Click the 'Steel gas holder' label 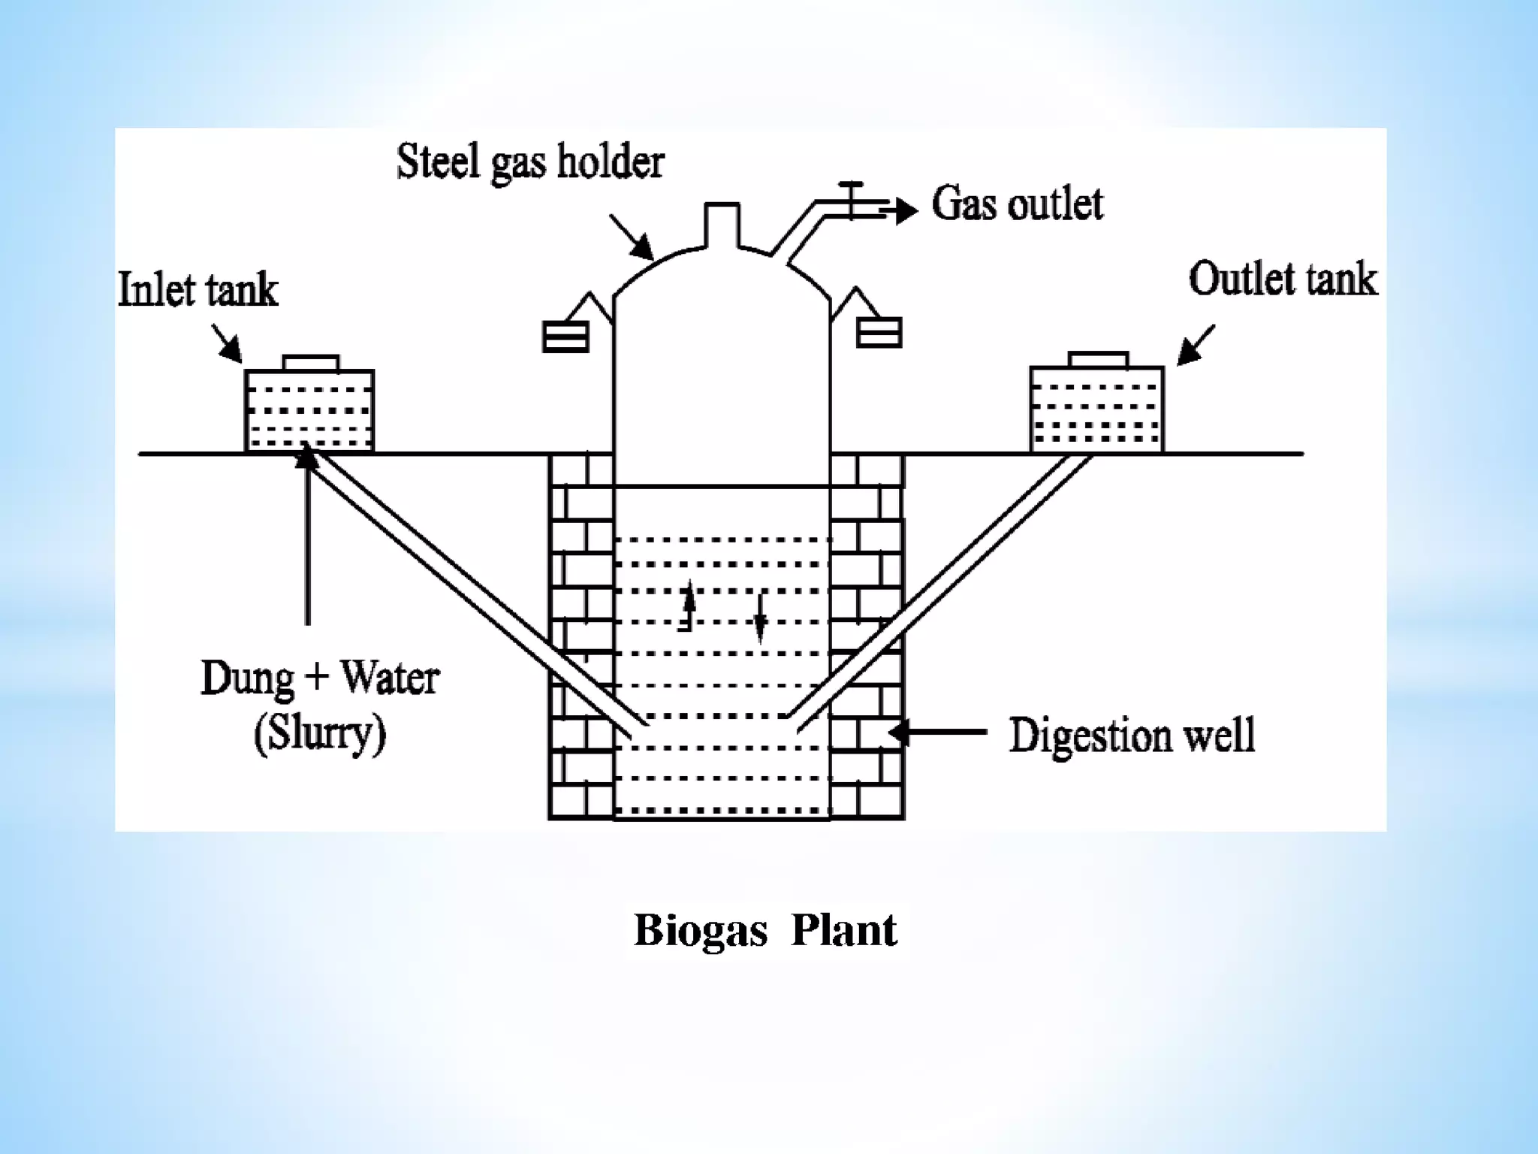coord(530,162)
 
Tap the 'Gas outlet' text coord(1017,204)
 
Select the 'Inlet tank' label coord(198,291)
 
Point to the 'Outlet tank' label coord(1283,279)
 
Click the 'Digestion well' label coord(1131,736)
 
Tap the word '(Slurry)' coord(320,733)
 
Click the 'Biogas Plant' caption coord(765,930)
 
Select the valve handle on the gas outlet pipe coord(851,185)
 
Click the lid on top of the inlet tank coord(311,363)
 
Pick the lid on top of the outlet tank coord(1098,359)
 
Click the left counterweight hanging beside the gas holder coord(565,337)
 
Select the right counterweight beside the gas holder coord(879,332)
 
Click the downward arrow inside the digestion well coord(760,621)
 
